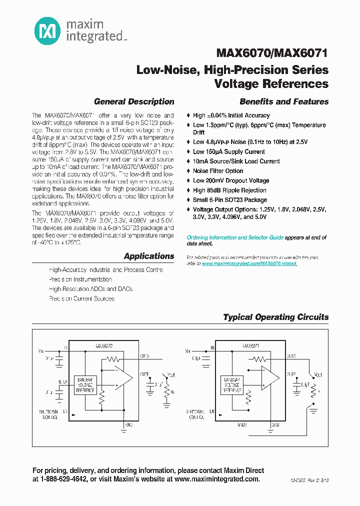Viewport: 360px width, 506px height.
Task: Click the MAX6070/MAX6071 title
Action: pos(272,53)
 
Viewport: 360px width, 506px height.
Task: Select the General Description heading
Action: pos(134,101)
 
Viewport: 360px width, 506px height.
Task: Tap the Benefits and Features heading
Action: pos(284,101)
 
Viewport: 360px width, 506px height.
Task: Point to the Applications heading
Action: pos(149,256)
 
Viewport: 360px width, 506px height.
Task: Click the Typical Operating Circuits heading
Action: pos(275,317)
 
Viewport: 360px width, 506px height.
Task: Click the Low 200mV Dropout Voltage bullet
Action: pos(231,180)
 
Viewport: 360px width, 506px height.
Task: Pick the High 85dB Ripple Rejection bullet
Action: pos(229,190)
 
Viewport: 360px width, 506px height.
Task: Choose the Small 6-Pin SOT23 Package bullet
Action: pos(230,200)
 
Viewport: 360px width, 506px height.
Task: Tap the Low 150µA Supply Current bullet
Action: pos(229,151)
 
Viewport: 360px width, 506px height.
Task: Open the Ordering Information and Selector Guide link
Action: pos(235,237)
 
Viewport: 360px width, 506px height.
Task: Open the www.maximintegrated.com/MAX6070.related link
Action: pos(249,263)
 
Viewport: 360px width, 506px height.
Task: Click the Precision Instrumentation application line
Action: pos(80,279)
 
